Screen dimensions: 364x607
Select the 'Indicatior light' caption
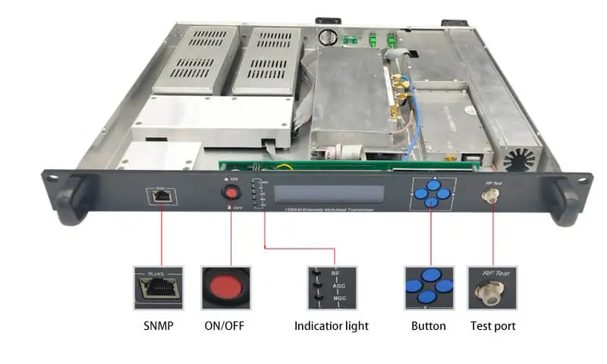(332, 326)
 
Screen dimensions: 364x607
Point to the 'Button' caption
(430, 326)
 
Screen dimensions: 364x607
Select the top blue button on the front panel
(432, 184)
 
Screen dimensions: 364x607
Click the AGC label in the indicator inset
(338, 287)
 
